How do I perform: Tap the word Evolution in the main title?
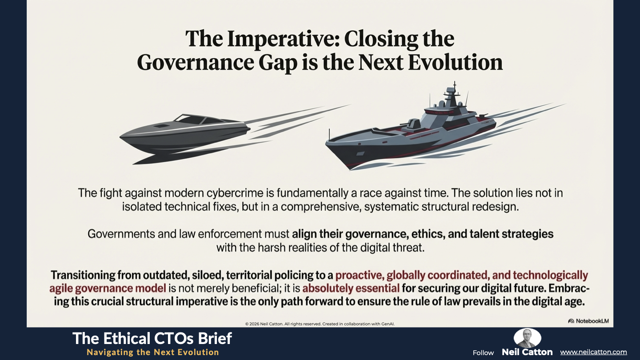456,62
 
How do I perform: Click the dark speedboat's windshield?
196,120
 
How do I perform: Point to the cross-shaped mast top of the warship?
454,85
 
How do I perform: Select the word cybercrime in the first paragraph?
239,193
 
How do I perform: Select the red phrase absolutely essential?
351,288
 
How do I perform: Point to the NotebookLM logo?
588,321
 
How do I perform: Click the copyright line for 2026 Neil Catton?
320,324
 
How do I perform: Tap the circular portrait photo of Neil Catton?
528,338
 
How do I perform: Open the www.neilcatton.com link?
593,352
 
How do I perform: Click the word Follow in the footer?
483,353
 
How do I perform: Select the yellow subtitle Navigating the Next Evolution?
153,352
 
